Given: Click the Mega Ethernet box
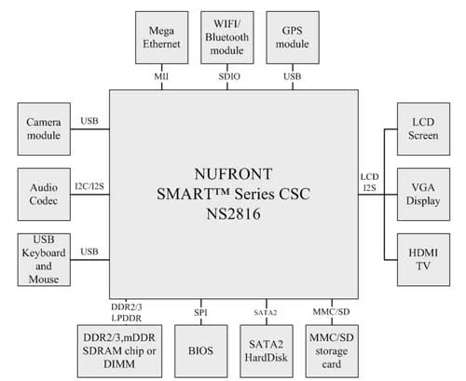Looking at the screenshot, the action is coord(161,37).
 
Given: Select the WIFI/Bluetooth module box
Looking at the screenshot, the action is coord(227,37).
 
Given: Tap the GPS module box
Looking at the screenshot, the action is coord(293,37).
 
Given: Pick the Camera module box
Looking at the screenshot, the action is coord(44,129).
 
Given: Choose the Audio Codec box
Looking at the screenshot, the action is coord(44,195).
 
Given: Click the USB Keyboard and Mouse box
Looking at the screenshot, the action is coord(44,260).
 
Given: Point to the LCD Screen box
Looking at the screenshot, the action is coord(423,129).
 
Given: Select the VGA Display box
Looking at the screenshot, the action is coord(423,195).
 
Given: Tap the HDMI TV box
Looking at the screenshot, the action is coord(423,260).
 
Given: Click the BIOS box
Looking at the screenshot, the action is coord(201,351).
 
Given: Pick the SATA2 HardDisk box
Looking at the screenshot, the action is coord(267,351).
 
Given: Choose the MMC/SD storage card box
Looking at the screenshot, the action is coord(332,351).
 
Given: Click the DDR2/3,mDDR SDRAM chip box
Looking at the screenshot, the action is coord(119,351).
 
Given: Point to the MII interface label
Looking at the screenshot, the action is coord(161,76).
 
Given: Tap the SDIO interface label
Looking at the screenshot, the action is coord(229,76).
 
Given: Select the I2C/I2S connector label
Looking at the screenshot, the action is coord(89,186).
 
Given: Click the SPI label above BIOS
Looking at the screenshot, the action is coord(200,312).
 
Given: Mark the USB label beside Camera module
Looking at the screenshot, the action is coord(89,121).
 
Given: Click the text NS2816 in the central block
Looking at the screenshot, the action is coord(233,214).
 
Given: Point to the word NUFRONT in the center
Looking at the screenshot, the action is coord(233,174).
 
